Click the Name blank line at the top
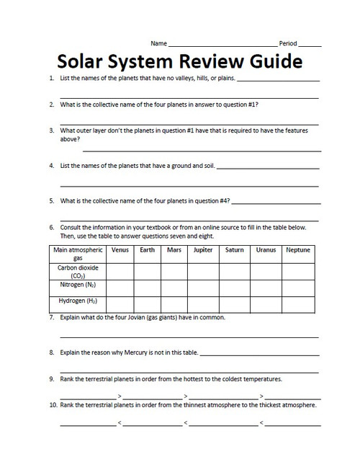coord(222,45)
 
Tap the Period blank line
coord(310,45)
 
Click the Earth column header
coord(147,250)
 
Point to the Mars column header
coord(174,250)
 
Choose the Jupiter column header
coord(203,250)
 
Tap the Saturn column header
coord(234,250)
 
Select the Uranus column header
coord(266,250)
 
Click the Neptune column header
coord(297,250)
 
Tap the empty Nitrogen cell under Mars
coord(174,288)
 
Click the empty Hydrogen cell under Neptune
coord(297,303)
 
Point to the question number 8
coord(52,353)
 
